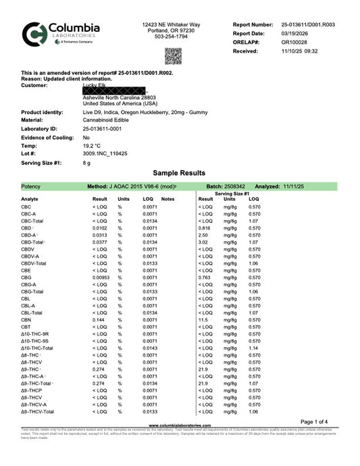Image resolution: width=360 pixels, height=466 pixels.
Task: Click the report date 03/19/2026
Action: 294,32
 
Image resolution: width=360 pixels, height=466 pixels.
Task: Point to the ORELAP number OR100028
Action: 294,42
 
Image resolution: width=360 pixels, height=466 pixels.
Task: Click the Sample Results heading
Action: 179,173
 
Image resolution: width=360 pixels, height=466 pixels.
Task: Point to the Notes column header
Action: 168,199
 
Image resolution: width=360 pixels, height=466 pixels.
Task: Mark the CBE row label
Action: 26,269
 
